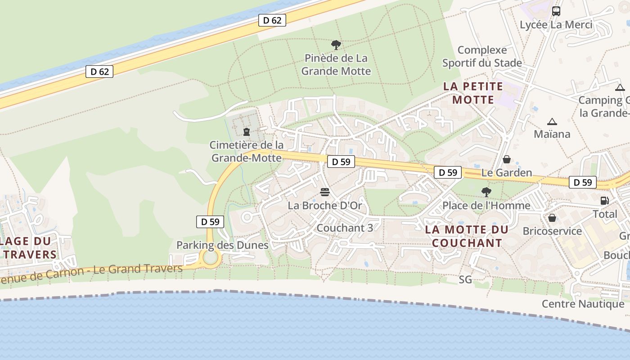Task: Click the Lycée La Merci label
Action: pos(556,25)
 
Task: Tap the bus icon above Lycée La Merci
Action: pos(556,11)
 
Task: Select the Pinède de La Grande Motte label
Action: pos(336,64)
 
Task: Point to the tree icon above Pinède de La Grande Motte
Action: pos(336,45)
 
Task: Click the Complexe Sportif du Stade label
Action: pos(482,56)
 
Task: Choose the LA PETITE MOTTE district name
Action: pos(473,93)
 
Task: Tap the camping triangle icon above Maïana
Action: pos(552,121)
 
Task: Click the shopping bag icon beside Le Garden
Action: pos(507,159)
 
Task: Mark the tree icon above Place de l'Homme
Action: pos(486,192)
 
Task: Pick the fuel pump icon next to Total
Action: pos(604,201)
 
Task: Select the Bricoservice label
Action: pos(552,231)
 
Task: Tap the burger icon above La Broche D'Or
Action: pos(325,193)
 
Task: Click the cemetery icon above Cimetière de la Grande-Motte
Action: pos(247,132)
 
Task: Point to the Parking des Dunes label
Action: pos(222,245)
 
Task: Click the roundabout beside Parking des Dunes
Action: pos(210,258)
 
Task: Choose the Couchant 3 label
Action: pos(345,228)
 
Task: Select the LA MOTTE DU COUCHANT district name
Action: pos(467,236)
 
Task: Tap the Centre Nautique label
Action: pos(583,304)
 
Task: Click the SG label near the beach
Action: pos(465,280)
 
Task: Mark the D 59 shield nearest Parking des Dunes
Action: pos(210,221)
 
